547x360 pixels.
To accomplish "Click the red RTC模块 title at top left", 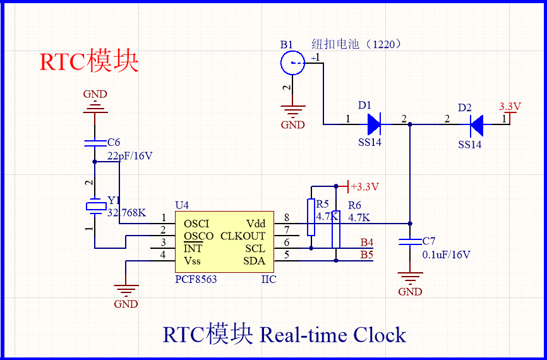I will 88,61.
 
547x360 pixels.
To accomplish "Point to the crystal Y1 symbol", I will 95,206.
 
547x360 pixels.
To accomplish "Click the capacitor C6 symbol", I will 95,144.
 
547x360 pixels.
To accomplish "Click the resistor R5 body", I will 311,217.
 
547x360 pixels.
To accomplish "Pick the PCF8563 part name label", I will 196,279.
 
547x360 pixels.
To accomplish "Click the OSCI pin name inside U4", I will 196,224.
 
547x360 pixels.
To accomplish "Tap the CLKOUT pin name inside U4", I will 243,236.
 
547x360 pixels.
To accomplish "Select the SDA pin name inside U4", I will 255,261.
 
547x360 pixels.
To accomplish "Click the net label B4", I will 367,243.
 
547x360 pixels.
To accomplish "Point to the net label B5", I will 367,255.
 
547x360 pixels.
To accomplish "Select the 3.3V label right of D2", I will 509,107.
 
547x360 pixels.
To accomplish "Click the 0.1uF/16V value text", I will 446,255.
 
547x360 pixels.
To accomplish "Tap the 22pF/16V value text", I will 129,155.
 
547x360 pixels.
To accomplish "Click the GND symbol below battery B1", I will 292,114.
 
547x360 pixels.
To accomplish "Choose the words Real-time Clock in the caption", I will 332,334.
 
